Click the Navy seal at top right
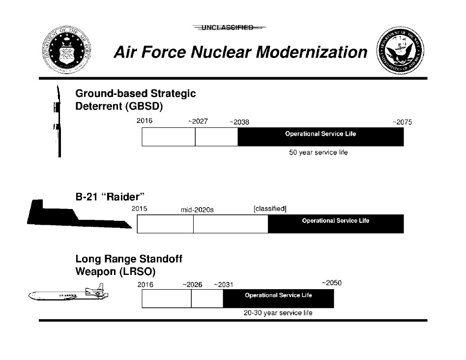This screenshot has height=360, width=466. [x=400, y=52]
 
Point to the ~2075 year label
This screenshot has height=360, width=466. [x=402, y=122]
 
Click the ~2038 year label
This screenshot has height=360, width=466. [x=239, y=122]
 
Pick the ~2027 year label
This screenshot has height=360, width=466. [x=198, y=121]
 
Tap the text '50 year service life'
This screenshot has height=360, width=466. [x=318, y=152]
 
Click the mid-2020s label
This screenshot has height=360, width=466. [x=198, y=210]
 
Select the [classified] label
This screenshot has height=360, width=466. [x=270, y=209]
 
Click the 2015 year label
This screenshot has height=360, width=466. [x=140, y=209]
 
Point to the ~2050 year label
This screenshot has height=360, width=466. [x=331, y=283]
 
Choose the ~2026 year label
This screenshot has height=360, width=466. [x=192, y=285]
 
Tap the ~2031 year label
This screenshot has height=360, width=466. [x=223, y=285]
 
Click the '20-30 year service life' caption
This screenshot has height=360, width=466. [x=278, y=313]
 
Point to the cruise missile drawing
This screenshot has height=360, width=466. [x=69, y=295]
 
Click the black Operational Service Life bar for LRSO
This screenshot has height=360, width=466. [x=278, y=299]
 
